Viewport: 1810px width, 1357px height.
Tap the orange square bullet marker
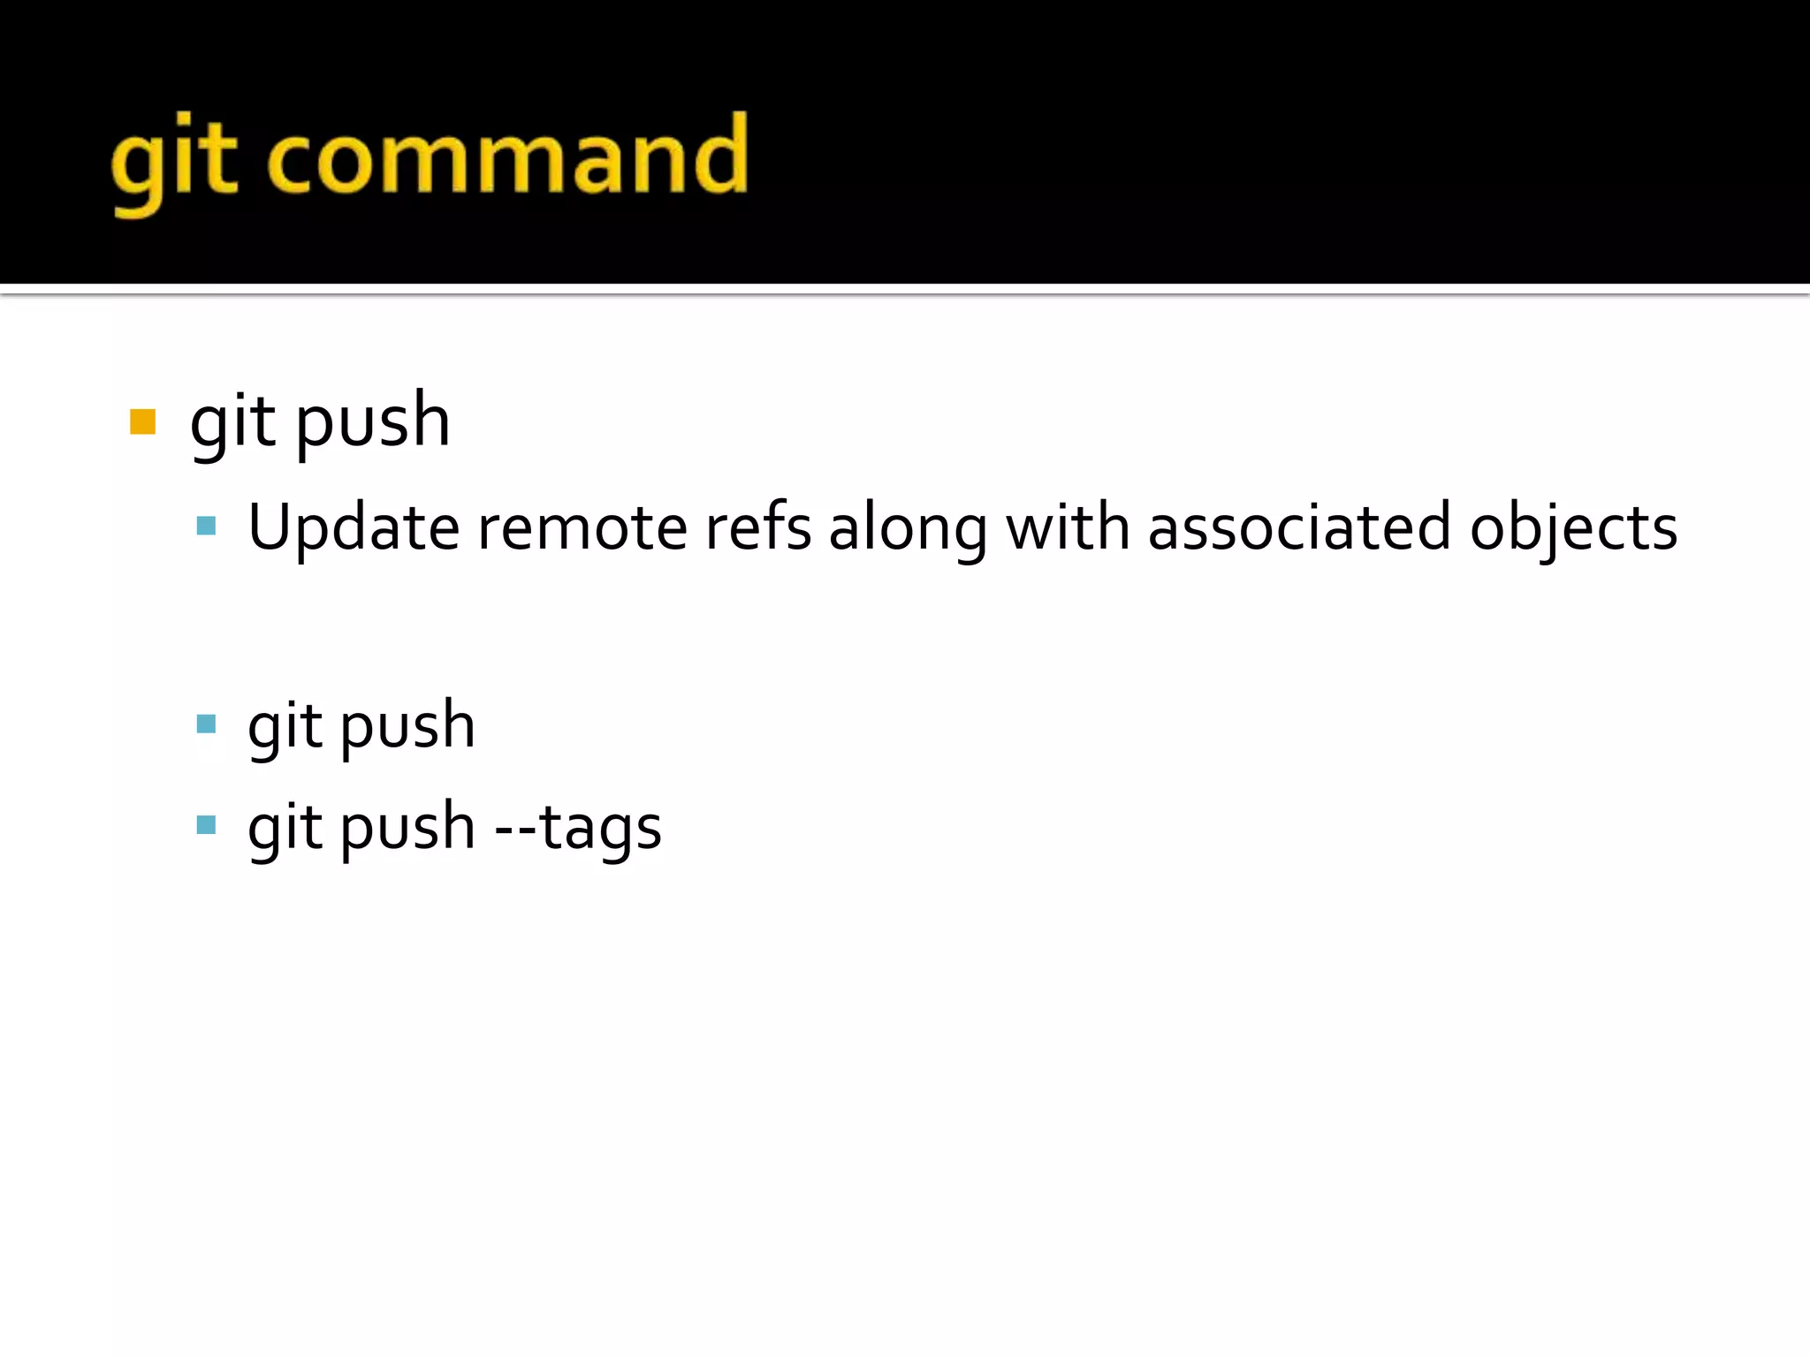tap(142, 421)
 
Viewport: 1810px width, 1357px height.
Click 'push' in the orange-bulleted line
tap(372, 422)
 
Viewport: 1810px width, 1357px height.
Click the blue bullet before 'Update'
tap(206, 527)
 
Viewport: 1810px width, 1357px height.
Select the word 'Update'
tap(353, 527)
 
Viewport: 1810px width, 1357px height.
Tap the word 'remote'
tap(582, 527)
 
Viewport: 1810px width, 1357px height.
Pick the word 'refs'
tap(757, 527)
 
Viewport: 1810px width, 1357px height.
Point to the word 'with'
tap(1068, 527)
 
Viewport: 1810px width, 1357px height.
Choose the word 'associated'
tap(1299, 527)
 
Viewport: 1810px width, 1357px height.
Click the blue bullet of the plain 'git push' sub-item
tap(206, 725)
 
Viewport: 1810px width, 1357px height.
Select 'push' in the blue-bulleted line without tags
tap(407, 727)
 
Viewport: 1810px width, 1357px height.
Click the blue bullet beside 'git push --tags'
tap(206, 826)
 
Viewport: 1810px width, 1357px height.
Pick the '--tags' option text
tap(578, 829)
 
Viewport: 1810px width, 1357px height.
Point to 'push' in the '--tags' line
tap(407, 829)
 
